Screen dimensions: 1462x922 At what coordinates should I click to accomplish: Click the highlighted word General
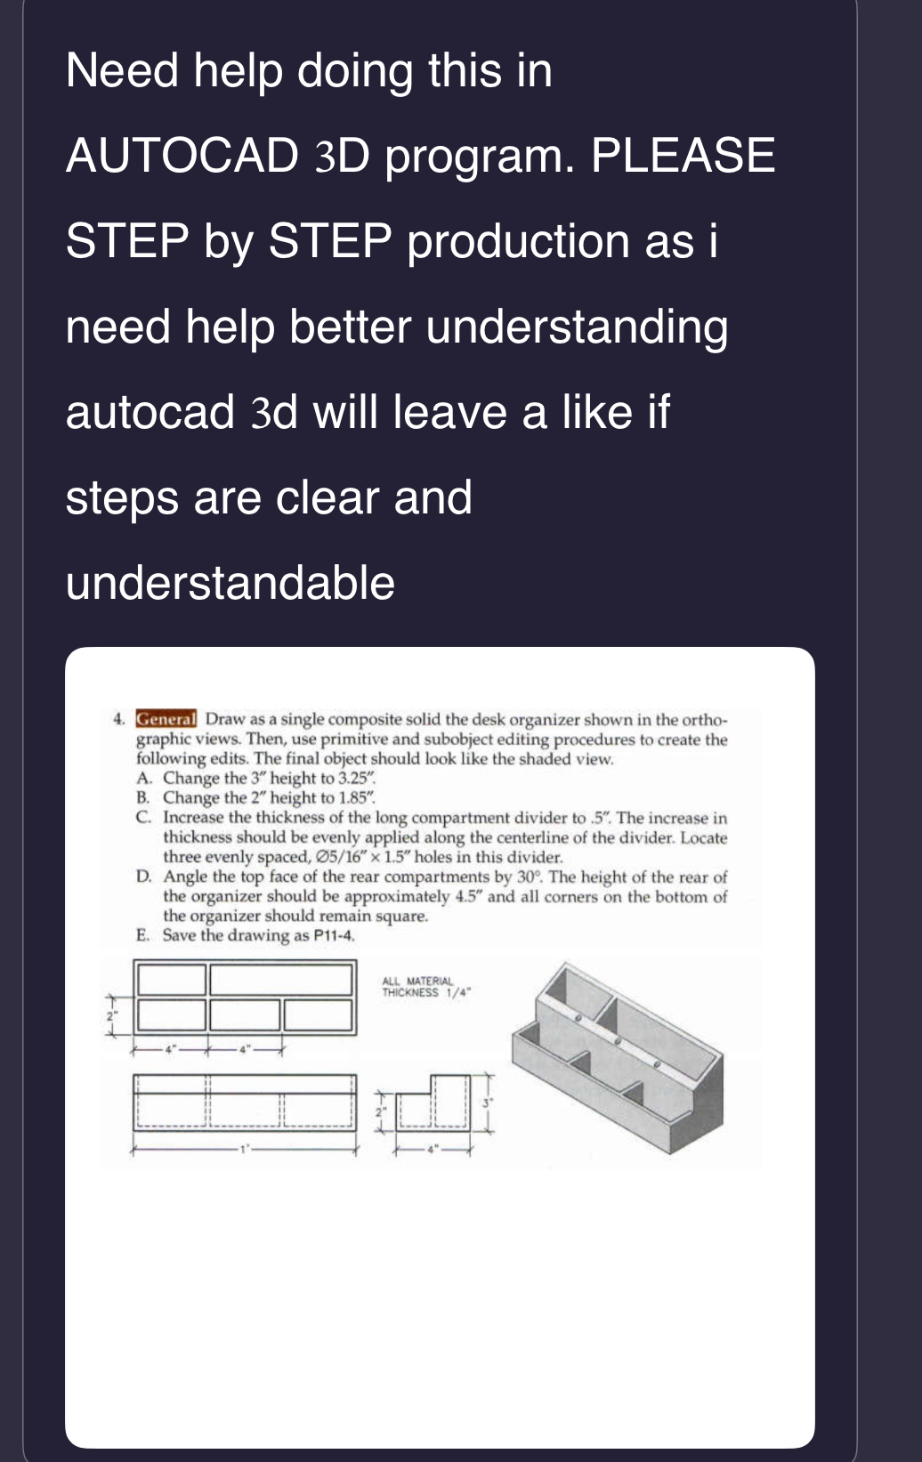166,718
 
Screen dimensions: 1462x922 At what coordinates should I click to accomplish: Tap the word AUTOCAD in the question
182,156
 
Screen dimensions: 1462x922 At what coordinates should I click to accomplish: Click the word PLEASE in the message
683,156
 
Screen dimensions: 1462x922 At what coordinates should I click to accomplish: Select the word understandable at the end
230,583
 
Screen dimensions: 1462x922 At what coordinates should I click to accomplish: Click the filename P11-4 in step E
334,936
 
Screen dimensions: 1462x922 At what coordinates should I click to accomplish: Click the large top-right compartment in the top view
281,979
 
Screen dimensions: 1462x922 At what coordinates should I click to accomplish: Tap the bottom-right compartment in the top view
319,1014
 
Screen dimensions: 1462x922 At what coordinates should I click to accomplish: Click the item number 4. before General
118,719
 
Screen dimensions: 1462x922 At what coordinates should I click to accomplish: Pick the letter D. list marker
143,876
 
